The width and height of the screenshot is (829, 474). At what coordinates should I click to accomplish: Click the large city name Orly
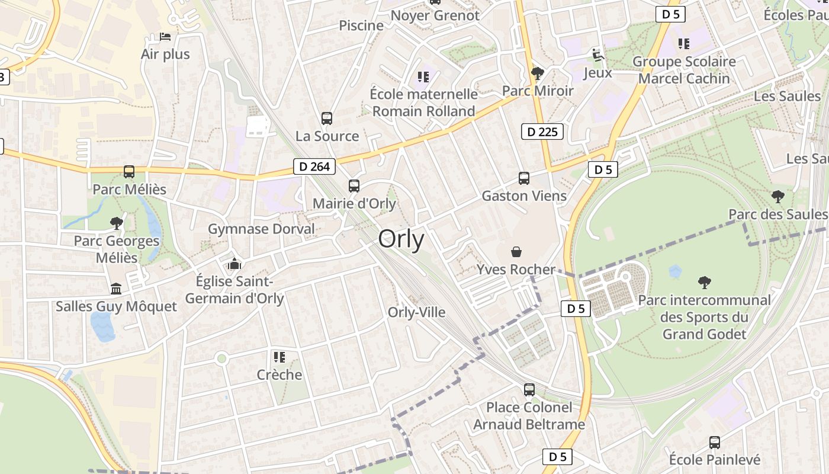(401, 239)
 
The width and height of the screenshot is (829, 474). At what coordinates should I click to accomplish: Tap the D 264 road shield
(314, 166)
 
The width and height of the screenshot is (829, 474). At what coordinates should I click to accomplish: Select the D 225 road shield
(542, 132)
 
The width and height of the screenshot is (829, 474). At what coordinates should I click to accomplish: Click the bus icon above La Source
(327, 118)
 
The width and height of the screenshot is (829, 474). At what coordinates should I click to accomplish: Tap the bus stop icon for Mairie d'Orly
(354, 186)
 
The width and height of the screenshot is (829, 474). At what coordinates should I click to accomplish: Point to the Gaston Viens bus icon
(524, 178)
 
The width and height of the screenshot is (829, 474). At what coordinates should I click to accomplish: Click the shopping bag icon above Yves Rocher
(516, 252)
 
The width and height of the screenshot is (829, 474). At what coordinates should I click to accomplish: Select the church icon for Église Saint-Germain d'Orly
(234, 263)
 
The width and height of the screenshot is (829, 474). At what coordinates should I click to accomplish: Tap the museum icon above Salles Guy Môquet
(116, 289)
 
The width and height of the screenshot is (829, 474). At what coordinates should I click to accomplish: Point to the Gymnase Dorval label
(261, 229)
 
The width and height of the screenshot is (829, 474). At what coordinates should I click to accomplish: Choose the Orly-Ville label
(416, 312)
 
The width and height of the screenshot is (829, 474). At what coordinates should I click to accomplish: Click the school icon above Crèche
(279, 357)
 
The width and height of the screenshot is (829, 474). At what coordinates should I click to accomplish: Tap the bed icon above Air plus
(165, 37)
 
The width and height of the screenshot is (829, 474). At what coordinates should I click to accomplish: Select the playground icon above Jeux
(598, 56)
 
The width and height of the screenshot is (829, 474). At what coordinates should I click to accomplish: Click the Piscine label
(361, 25)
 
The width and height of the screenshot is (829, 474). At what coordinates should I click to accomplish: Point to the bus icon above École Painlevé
(715, 442)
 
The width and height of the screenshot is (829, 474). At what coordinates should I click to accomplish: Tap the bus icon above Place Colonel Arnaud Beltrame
(529, 390)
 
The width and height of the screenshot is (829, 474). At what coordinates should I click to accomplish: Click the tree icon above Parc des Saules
(777, 196)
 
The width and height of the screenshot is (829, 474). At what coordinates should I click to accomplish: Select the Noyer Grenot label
(435, 15)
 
